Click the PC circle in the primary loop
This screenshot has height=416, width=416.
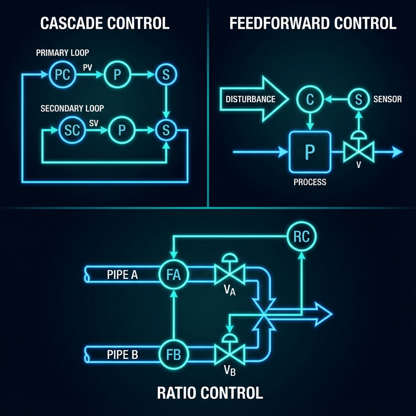[62, 75]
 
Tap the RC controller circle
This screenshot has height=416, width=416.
[301, 237]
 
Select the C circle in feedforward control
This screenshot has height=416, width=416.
[310, 99]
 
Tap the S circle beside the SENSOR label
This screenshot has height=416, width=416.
[358, 99]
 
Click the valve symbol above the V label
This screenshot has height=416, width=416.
[358, 151]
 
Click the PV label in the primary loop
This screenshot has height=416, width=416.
[87, 68]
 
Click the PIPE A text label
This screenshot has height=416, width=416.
[122, 275]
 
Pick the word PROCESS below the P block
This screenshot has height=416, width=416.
[310, 182]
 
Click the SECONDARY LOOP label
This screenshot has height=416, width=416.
[72, 108]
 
